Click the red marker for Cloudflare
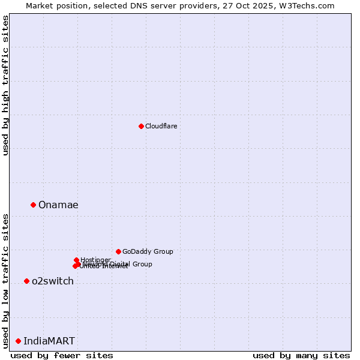click(x=141, y=126)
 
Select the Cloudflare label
click(x=161, y=126)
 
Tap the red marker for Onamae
click(x=33, y=205)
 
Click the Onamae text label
click(x=58, y=205)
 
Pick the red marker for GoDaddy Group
click(x=118, y=251)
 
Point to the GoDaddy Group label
click(x=148, y=251)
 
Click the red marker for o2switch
click(x=26, y=281)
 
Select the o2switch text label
click(x=53, y=281)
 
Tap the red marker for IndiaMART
click(x=18, y=341)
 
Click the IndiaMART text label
click(x=49, y=341)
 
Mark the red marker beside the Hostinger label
click(x=76, y=260)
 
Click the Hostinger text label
click(x=95, y=260)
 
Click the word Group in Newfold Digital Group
click(x=142, y=264)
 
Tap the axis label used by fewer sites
click(x=62, y=355)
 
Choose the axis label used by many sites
click(x=301, y=355)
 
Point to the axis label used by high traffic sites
click(x=6, y=85)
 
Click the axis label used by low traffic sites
click(x=6, y=280)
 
